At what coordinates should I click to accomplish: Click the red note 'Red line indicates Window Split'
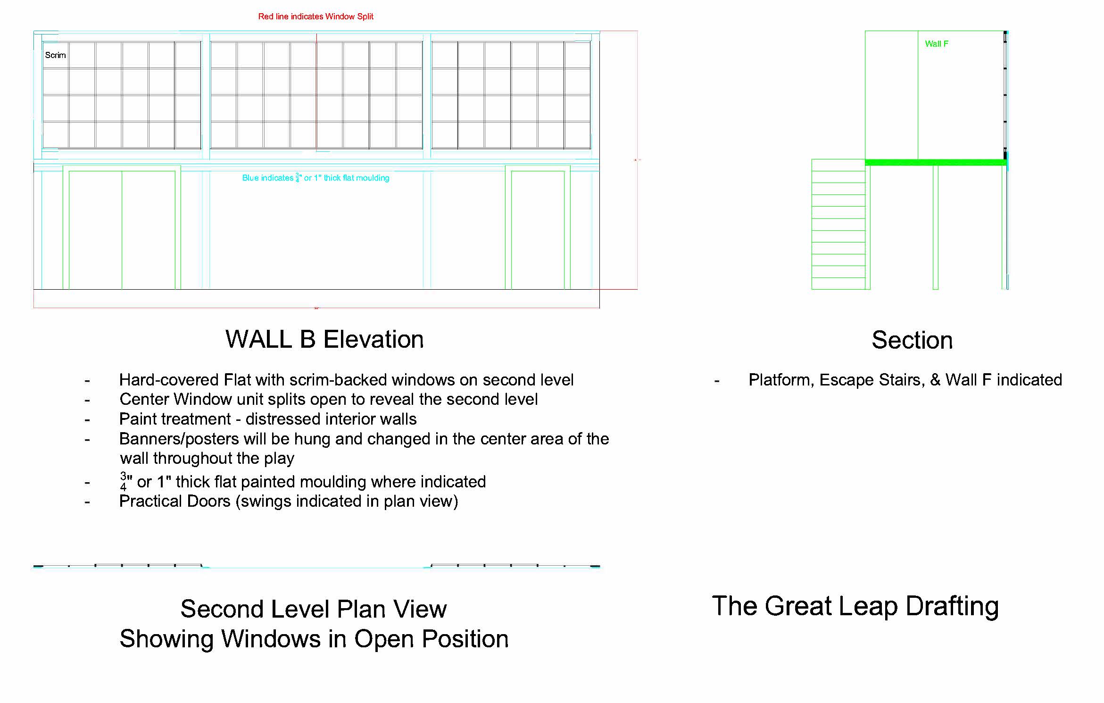[315, 17]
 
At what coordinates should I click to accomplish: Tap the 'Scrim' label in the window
[55, 55]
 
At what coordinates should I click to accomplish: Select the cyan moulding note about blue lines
[315, 178]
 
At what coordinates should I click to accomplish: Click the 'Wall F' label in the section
[936, 44]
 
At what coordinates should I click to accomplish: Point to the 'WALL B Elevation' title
[324, 339]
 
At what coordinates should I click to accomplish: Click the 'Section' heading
[912, 340]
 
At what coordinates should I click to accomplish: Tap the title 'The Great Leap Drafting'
[855, 606]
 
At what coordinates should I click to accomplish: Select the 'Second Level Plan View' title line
[313, 609]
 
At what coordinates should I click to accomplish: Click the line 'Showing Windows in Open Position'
[314, 639]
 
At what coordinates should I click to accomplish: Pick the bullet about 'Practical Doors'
[288, 501]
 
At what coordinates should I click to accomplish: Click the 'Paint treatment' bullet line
[267, 419]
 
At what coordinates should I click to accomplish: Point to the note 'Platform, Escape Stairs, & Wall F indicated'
[905, 380]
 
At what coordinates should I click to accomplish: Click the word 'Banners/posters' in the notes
[179, 439]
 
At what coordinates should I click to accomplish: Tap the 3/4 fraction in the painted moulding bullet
[124, 481]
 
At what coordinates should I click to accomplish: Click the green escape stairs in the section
[838, 224]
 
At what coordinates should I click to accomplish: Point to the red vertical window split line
[316, 94]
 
